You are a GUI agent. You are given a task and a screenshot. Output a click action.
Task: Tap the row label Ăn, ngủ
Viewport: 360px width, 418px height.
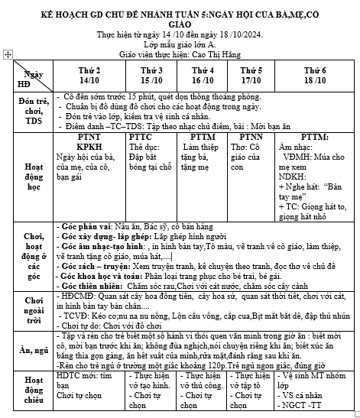pyautogui.click(x=28, y=350)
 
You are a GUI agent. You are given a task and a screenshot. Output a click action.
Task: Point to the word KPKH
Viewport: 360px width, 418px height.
pyautogui.click(x=89, y=146)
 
